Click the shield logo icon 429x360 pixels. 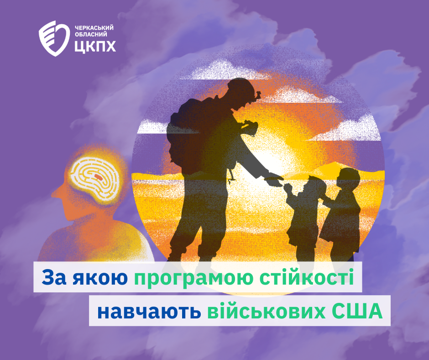tap(54, 38)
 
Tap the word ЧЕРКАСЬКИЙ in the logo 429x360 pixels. tap(94, 28)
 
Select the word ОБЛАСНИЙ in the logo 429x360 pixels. tap(91, 35)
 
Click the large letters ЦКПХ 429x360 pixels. tap(95, 47)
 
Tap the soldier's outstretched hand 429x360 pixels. tap(274, 180)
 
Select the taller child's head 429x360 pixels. tap(348, 178)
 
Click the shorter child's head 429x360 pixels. tap(317, 185)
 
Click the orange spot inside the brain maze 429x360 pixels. tap(98, 177)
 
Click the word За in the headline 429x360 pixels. tap(54, 277)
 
